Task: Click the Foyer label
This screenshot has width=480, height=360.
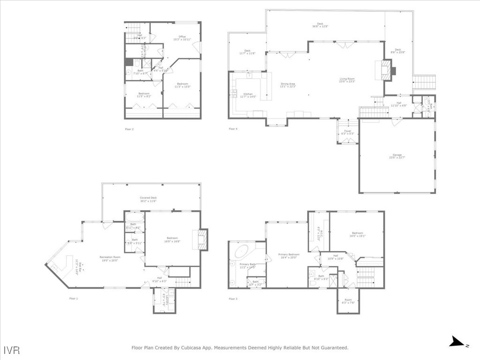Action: (347, 133)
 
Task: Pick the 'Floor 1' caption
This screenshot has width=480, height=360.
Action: (74, 299)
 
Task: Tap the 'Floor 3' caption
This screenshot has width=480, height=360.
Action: (233, 299)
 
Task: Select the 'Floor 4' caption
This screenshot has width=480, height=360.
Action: (233, 128)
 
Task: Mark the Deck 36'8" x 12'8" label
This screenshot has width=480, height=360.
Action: (320, 25)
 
